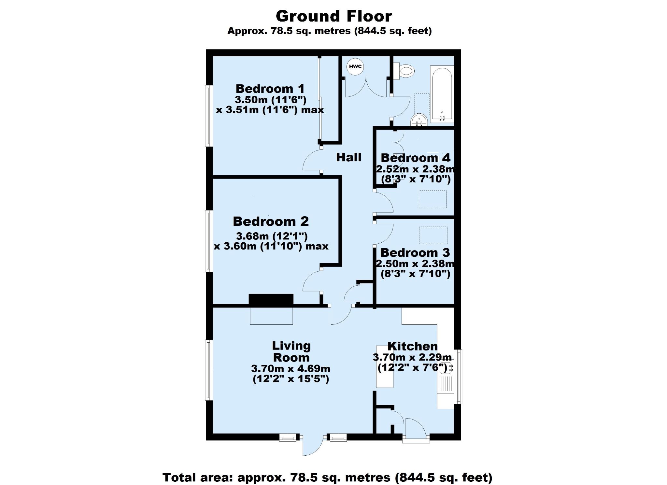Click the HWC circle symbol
click(355, 67)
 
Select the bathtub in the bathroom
click(442, 94)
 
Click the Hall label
click(349, 157)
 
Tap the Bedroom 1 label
click(270, 89)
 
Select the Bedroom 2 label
click(271, 221)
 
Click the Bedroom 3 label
click(415, 252)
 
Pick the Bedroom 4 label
click(416, 158)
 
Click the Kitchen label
click(412, 346)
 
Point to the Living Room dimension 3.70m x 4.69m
click(291, 369)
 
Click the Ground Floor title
click(334, 16)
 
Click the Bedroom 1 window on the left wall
click(208, 116)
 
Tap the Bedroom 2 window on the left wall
click(208, 241)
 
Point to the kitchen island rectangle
click(385, 366)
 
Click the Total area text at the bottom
click(327, 478)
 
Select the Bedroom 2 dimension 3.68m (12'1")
click(272, 235)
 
